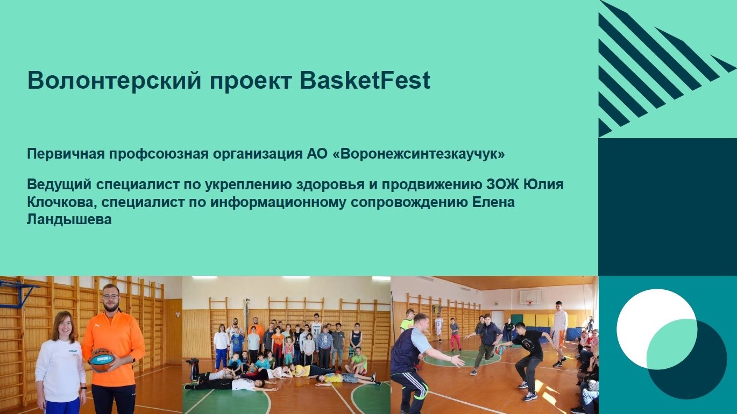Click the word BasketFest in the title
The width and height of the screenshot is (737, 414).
[x=365, y=80]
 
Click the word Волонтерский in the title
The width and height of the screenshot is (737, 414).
[x=114, y=80]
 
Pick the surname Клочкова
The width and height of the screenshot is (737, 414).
[x=62, y=203]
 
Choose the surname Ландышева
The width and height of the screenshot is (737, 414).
[x=69, y=219]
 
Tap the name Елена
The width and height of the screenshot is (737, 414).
[x=493, y=202]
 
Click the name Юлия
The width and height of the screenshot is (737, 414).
[x=543, y=184]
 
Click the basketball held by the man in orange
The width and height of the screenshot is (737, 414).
[x=102, y=360]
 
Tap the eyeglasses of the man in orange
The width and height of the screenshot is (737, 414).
[x=111, y=296]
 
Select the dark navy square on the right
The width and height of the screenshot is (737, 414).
[x=668, y=207]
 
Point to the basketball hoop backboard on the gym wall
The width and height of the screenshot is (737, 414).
[x=530, y=297]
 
